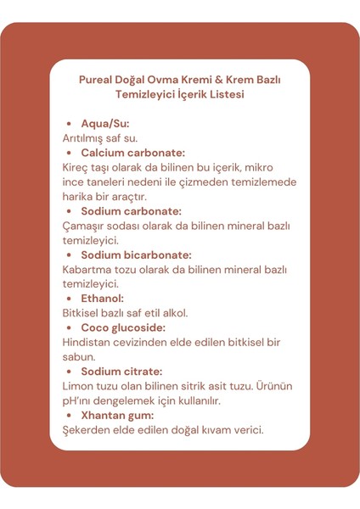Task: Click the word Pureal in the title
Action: [x=95, y=80]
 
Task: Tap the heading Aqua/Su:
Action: [x=105, y=124]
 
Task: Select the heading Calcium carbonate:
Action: [x=132, y=153]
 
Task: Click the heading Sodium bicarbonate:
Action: [x=136, y=255]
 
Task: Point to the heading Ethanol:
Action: [x=103, y=299]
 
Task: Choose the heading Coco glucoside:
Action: [x=123, y=327]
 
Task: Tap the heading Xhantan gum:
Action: [x=117, y=416]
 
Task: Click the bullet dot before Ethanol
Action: [x=68, y=299]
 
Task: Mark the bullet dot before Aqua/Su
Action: [x=68, y=124]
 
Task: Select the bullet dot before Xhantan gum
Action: [x=68, y=416]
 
